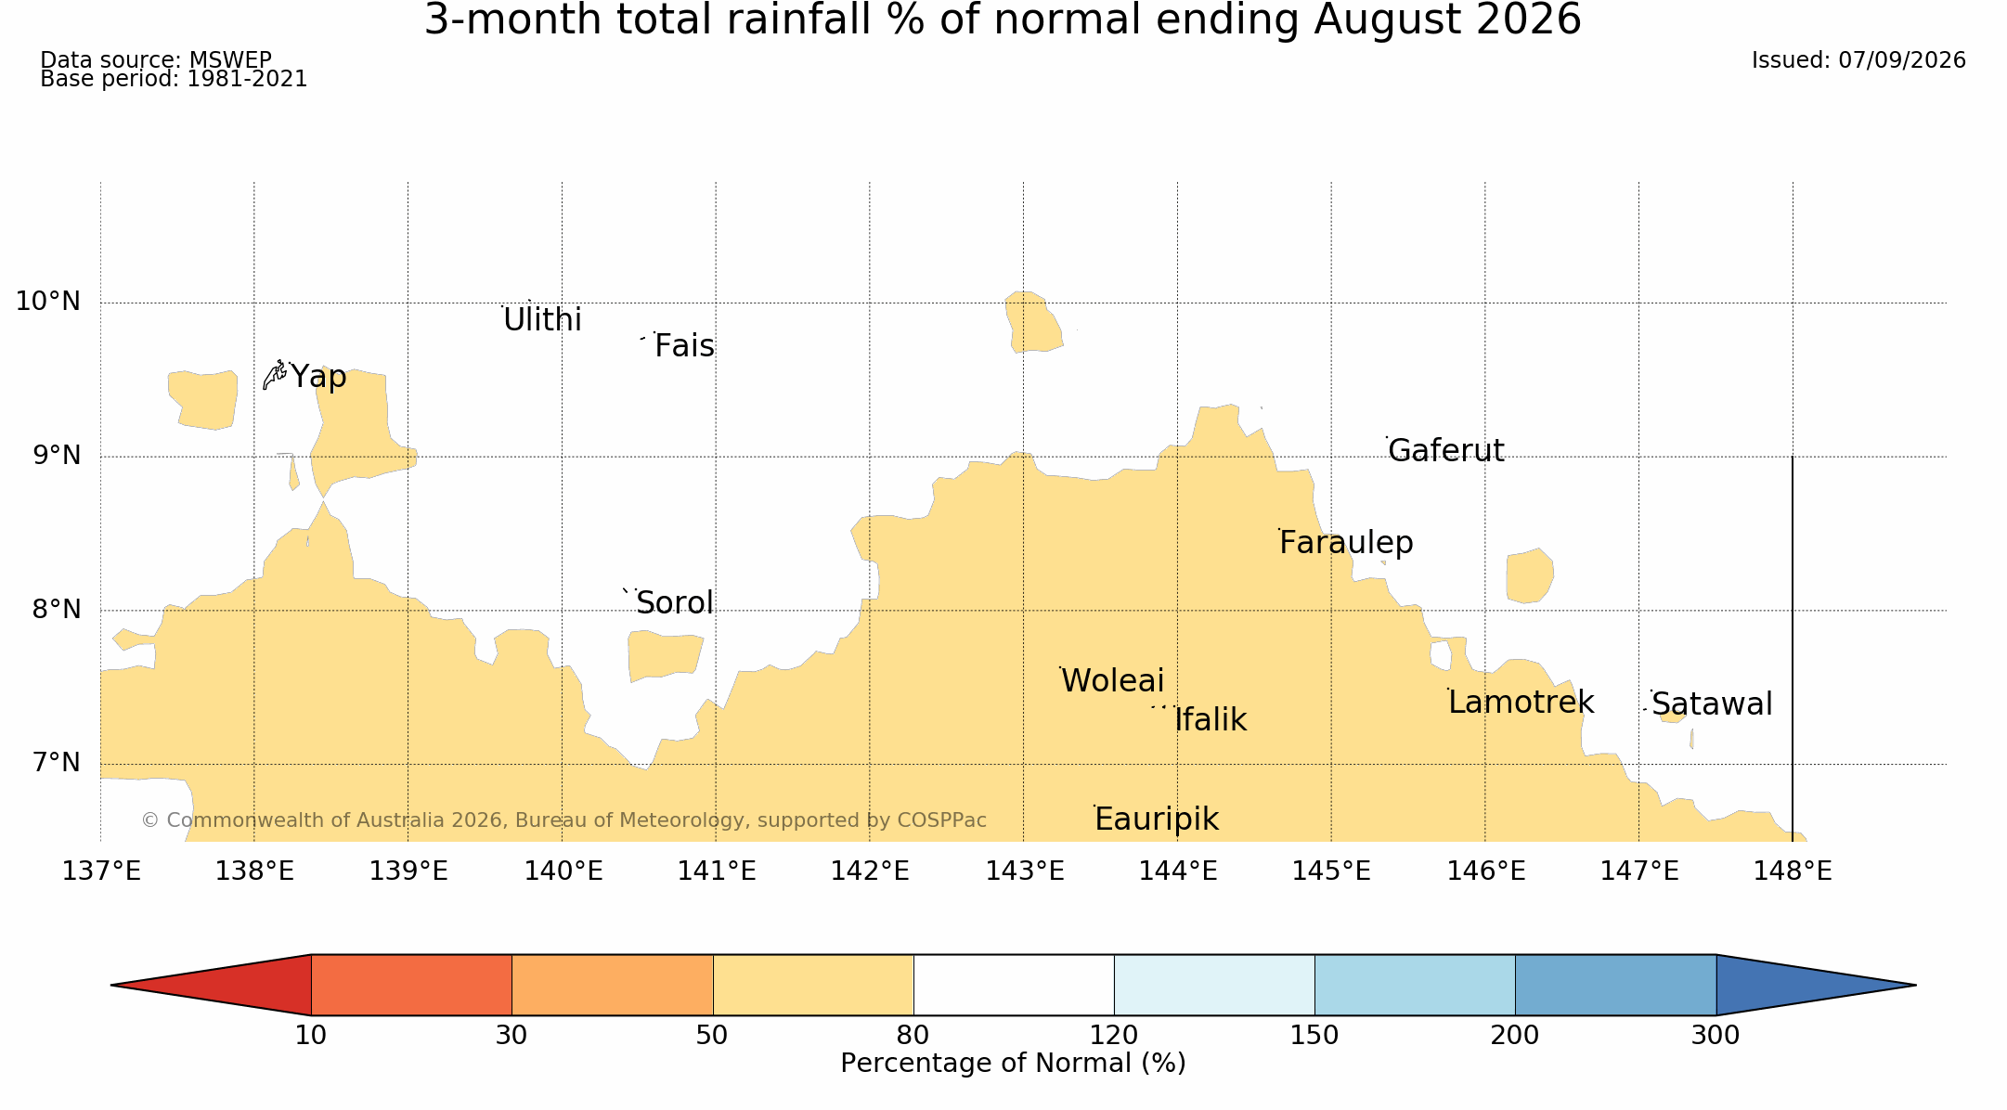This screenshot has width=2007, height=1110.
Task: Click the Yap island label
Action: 318,377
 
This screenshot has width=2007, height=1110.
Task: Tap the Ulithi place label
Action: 542,320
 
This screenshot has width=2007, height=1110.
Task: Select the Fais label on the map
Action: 684,346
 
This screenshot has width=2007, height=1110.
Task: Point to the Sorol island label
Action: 675,603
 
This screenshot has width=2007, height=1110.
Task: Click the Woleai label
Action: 1112,681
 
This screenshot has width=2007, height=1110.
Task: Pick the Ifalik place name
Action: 1211,719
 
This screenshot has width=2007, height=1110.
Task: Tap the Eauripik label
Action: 1157,820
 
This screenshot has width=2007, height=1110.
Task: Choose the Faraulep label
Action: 1346,543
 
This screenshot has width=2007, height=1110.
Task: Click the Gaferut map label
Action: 1445,450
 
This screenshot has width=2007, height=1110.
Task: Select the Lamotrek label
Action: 1521,703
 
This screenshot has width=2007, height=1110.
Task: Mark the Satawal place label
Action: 1712,704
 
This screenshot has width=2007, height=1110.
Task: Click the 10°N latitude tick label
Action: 48,302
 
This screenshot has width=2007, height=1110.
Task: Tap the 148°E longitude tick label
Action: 1793,871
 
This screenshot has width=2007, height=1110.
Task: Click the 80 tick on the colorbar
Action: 913,1036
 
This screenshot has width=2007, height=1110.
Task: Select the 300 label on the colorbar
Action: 1716,1036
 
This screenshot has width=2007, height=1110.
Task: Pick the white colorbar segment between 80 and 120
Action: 1014,985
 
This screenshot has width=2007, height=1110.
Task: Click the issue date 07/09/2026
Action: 1902,60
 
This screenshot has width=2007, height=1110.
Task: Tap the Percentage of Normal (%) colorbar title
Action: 1013,1064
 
